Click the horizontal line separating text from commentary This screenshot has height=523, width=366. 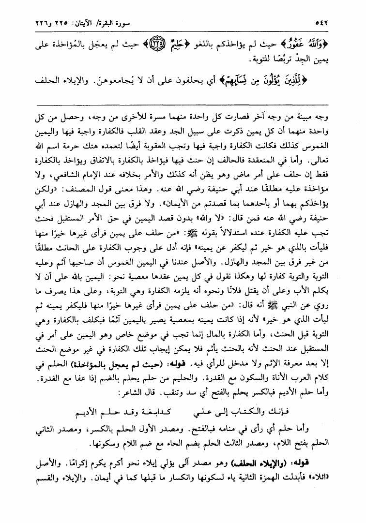[183, 103]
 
